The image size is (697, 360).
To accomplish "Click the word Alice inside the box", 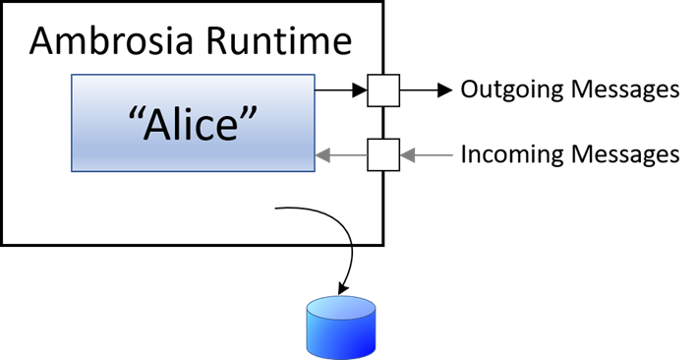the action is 193,124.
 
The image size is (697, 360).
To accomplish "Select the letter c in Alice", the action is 207,129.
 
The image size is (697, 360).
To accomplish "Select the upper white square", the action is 383,90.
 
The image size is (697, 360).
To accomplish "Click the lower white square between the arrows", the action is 383,154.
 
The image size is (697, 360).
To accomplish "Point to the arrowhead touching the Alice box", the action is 321,154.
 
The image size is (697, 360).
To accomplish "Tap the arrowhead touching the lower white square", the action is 405,154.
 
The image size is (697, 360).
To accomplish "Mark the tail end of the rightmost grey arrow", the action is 453,154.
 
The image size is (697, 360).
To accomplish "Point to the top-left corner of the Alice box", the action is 72,76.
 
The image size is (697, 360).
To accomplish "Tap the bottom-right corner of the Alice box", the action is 315,171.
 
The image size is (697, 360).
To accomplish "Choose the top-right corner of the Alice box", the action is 315,76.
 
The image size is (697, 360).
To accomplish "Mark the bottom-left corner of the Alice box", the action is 72,171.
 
